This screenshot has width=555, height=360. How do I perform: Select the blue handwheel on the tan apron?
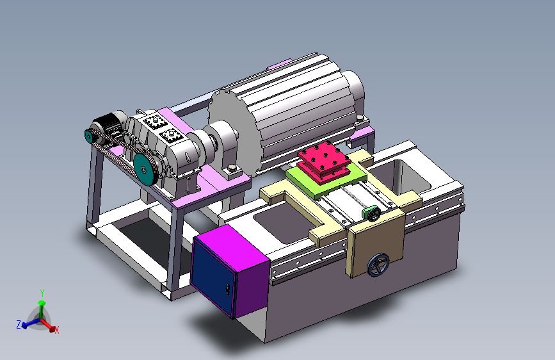click(378, 265)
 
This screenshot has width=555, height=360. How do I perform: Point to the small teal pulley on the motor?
click(88, 136)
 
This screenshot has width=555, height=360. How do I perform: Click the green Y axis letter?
click(42, 293)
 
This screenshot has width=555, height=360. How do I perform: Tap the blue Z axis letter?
click(19, 324)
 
